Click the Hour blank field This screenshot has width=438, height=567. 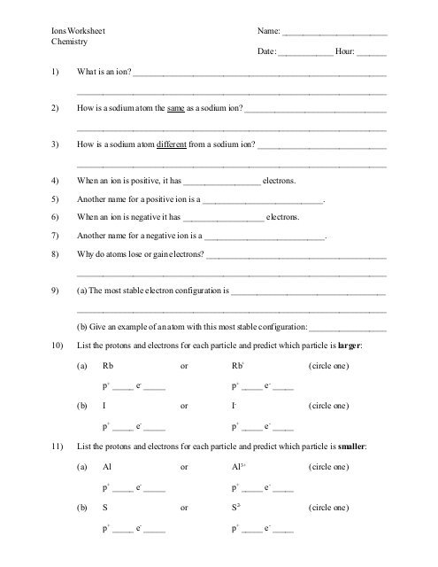pos(372,53)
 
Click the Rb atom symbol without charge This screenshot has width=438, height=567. pos(108,365)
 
